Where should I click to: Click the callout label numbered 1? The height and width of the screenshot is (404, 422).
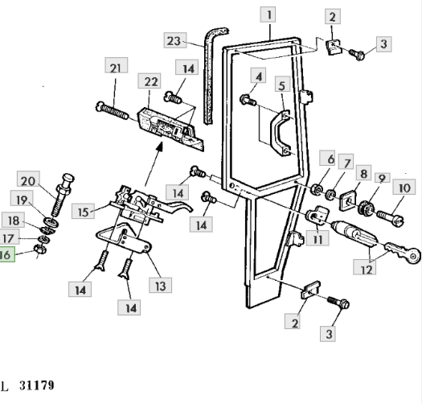tap(268, 14)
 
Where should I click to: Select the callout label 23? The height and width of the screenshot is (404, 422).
tap(175, 41)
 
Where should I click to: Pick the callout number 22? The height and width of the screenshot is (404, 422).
tap(150, 80)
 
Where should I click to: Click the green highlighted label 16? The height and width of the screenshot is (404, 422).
tap(6, 254)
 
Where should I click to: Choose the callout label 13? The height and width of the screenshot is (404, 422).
tap(161, 285)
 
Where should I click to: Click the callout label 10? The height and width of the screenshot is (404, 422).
tap(404, 187)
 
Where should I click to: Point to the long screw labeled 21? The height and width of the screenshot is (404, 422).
tap(113, 110)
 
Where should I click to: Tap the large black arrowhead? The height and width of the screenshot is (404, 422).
tap(160, 147)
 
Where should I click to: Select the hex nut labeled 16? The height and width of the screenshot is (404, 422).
tap(39, 249)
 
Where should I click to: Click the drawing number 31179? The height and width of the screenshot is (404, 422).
tap(37, 385)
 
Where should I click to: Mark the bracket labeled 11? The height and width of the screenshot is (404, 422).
tap(318, 214)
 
